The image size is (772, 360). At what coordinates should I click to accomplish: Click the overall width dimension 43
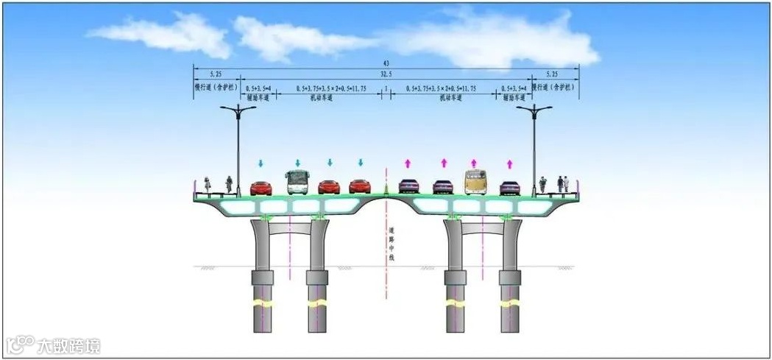tap(386, 63)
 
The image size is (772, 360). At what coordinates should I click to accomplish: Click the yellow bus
tap(475, 181)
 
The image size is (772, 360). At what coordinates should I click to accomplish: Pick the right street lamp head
tap(534, 110)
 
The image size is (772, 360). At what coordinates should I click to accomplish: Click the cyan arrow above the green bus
tap(297, 163)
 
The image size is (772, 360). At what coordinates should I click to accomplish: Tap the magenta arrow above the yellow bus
tap(474, 163)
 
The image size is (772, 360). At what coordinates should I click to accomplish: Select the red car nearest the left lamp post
tap(261, 188)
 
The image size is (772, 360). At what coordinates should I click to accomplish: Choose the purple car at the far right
tap(509, 187)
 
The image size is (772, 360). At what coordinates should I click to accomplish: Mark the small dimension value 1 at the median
tap(386, 88)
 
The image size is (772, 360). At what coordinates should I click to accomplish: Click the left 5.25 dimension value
tap(216, 74)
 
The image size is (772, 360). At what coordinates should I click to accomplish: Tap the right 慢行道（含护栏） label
tap(556, 87)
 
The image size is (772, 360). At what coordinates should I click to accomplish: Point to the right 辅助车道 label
tap(514, 98)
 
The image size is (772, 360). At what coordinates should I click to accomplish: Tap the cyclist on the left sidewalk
tap(208, 185)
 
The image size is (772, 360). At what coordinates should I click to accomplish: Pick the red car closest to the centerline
tap(360, 187)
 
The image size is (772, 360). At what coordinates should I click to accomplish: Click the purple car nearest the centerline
tap(408, 187)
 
